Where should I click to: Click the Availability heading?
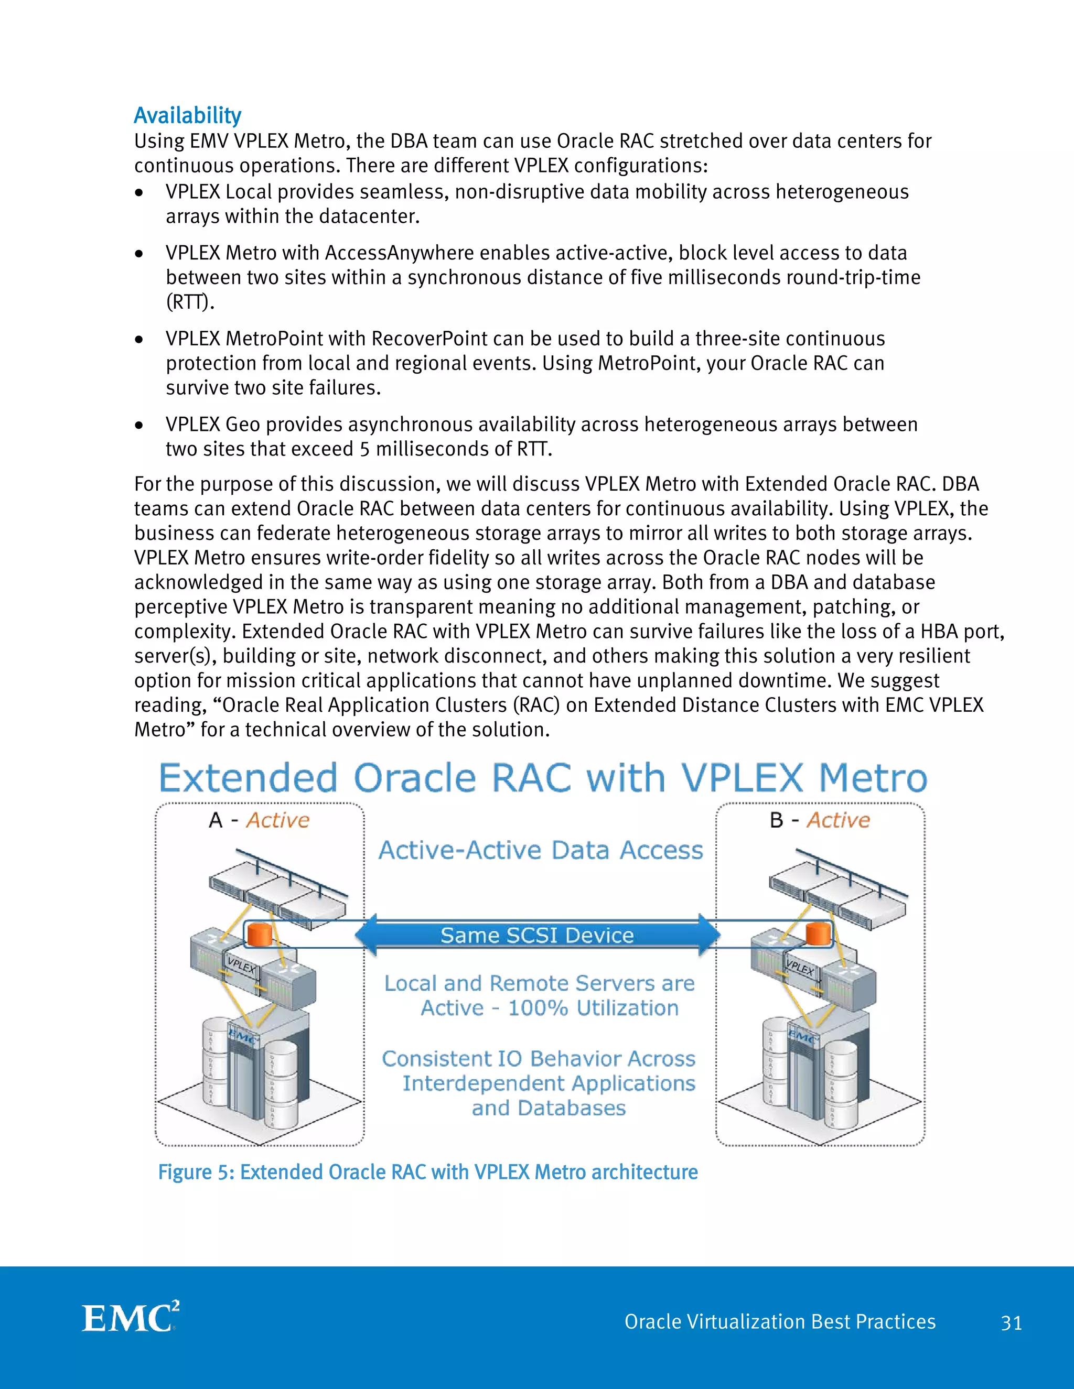point(187,116)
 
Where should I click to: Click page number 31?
point(1011,1323)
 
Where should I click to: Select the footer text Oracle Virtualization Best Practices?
point(779,1321)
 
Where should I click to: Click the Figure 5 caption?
point(427,1171)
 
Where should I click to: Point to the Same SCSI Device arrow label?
point(537,935)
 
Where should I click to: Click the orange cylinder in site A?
point(260,934)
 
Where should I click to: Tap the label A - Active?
point(259,820)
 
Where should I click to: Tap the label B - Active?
point(820,820)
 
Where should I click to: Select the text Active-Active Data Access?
point(541,850)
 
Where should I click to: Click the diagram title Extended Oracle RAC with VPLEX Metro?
point(543,778)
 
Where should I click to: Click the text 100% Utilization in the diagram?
point(593,1008)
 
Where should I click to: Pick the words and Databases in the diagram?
point(549,1108)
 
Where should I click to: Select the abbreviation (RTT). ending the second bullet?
point(190,301)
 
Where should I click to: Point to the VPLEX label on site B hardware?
point(800,968)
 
